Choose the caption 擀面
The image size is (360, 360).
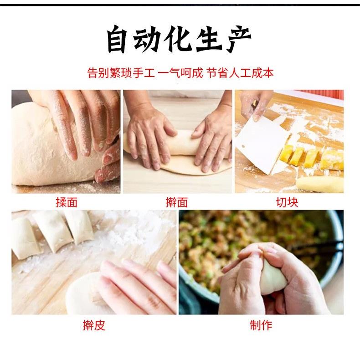[177, 202]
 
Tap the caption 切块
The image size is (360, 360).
[288, 202]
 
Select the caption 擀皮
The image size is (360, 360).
[94, 325]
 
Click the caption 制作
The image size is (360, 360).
[261, 325]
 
